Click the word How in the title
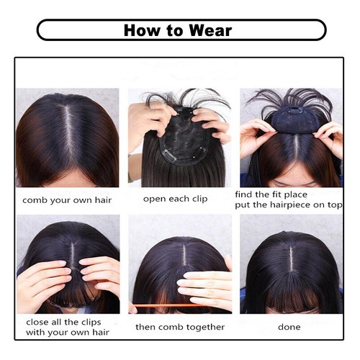[x=142, y=30]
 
